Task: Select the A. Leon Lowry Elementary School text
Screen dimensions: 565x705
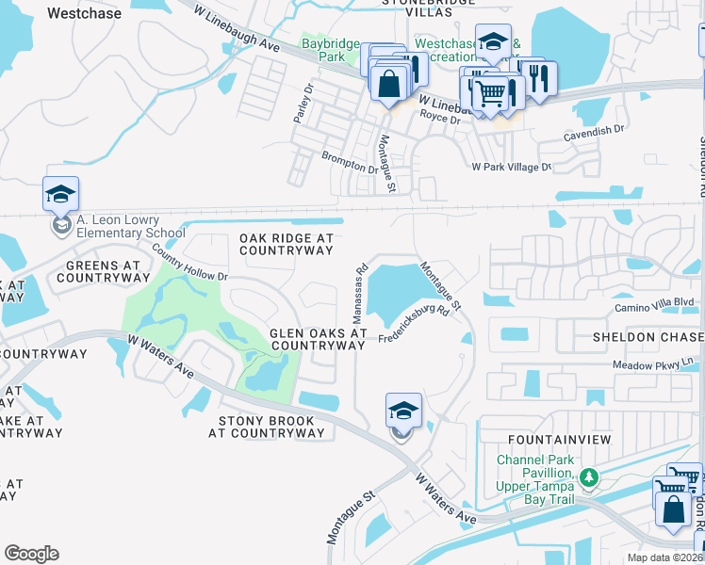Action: (131, 227)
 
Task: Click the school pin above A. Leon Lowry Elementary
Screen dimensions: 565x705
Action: (60, 195)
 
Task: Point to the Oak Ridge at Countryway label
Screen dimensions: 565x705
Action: (287, 245)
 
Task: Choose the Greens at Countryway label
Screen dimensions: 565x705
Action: (103, 272)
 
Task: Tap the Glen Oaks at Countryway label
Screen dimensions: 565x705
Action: (317, 339)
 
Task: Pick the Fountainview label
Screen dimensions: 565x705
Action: (559, 440)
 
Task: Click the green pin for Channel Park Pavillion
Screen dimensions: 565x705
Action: (589, 478)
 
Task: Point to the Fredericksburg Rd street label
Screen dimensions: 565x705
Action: (414, 325)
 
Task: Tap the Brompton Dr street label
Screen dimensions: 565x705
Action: (349, 164)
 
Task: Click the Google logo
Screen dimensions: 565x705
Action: (31, 554)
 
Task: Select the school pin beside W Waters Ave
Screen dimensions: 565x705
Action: (402, 412)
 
